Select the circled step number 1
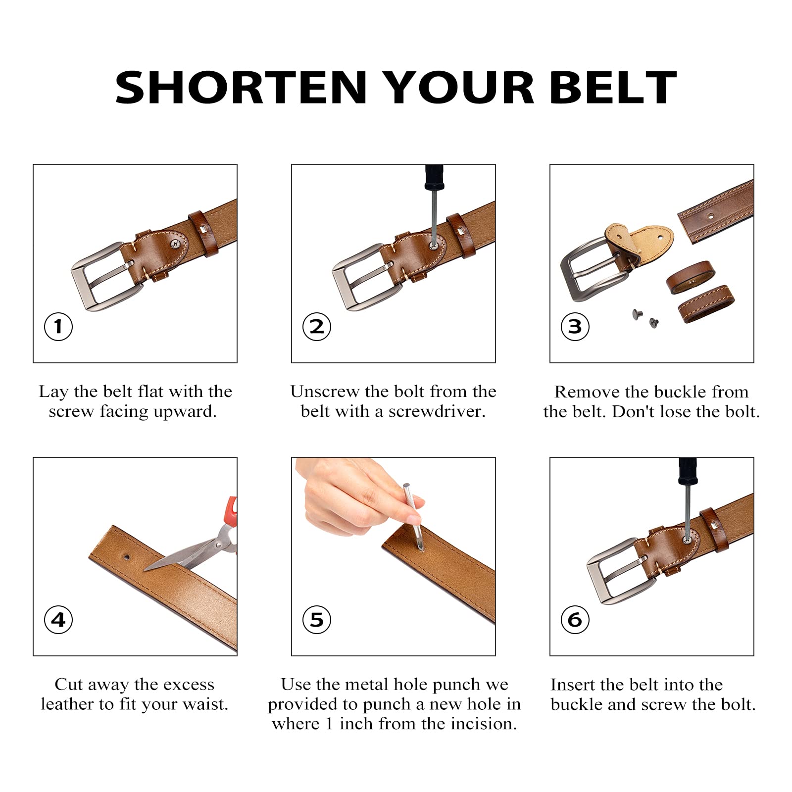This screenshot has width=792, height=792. point(58,326)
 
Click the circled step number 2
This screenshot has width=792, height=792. point(317,326)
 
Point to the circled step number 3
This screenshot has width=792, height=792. point(575,326)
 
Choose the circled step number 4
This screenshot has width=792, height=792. point(58,619)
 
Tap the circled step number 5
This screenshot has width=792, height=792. point(317,619)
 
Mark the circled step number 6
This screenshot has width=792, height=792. point(575,619)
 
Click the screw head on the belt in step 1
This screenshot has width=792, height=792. point(176,243)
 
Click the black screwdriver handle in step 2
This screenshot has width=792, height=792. point(434,178)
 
